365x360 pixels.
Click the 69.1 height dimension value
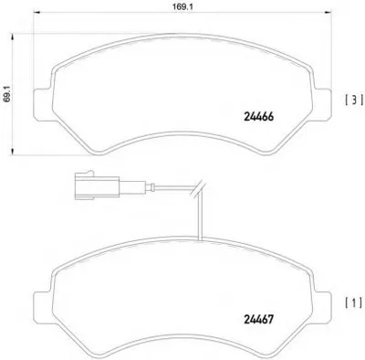click(x=7, y=93)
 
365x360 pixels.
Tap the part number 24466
click(x=259, y=117)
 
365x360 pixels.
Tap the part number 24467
click(x=259, y=319)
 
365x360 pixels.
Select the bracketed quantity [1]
click(x=354, y=302)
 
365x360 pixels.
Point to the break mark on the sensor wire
click(x=198, y=187)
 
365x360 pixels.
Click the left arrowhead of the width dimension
click(x=36, y=12)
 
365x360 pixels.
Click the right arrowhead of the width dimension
click(x=328, y=12)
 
